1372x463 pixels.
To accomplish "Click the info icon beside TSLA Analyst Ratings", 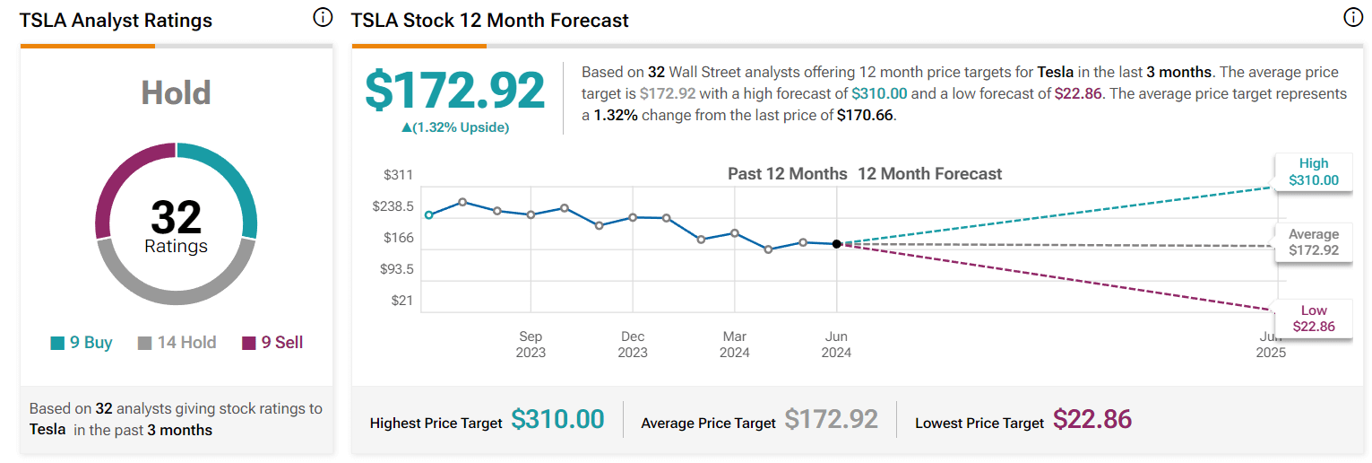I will click(x=323, y=18).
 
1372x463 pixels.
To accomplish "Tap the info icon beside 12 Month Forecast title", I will click(x=1353, y=18).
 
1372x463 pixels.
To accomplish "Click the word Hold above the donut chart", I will click(x=176, y=93).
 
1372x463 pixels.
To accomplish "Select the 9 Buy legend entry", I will click(x=82, y=343).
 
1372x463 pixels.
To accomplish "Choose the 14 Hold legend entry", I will click(x=177, y=343).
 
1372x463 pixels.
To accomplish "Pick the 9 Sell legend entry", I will click(x=273, y=343).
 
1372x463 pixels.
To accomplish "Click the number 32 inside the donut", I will click(x=176, y=217).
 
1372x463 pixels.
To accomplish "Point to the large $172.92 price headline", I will click(x=454, y=91).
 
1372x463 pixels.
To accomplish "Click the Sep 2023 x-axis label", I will click(x=531, y=345).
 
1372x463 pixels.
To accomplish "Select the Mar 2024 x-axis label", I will click(x=734, y=345).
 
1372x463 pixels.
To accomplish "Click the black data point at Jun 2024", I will click(x=836, y=243).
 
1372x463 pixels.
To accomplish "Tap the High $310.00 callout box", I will click(x=1313, y=171).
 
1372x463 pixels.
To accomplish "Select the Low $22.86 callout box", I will click(x=1313, y=319).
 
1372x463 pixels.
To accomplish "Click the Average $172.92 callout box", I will click(x=1313, y=242).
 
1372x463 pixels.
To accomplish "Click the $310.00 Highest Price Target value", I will click(x=557, y=419).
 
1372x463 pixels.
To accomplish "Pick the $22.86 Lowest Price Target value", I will click(x=1092, y=419).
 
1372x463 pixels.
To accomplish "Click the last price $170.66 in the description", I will click(x=866, y=115).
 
